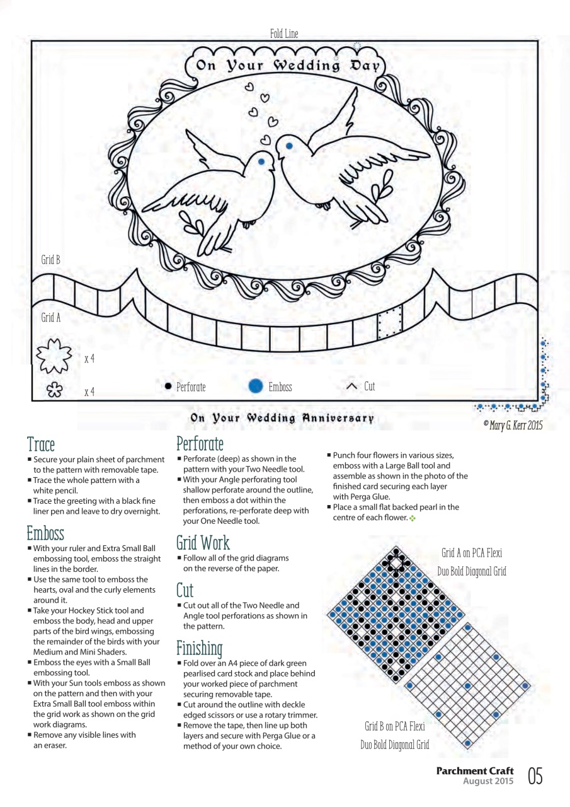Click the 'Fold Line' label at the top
(x=283, y=34)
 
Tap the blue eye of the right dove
(x=289, y=146)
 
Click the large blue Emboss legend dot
(x=255, y=386)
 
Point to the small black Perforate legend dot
(x=168, y=386)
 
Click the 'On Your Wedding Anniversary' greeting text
(x=282, y=418)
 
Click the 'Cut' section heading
(x=185, y=591)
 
